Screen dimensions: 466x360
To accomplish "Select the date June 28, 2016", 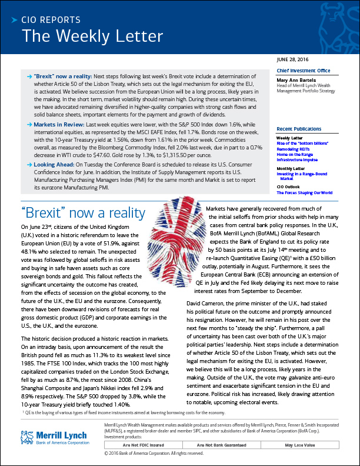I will (x=295, y=60).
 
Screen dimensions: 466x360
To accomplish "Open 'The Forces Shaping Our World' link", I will (x=304, y=192).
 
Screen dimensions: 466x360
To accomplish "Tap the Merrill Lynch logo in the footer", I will (x=54, y=438).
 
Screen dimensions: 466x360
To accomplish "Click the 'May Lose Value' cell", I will (x=304, y=445).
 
